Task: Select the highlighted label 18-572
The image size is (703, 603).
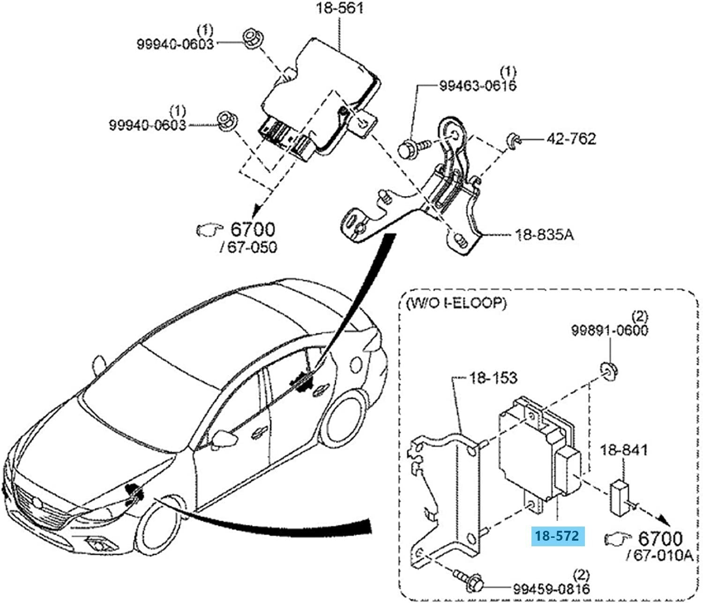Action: click(x=558, y=535)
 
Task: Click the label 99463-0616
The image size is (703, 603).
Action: click(x=477, y=86)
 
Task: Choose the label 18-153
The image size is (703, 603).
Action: click(x=493, y=378)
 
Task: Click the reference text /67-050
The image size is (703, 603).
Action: click(x=248, y=247)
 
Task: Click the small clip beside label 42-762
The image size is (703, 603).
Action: click(x=513, y=140)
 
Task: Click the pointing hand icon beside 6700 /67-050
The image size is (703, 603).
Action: click(x=208, y=230)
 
